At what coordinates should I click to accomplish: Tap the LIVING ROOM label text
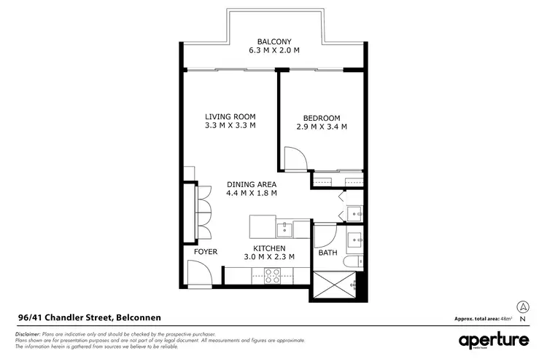pyautogui.click(x=230, y=116)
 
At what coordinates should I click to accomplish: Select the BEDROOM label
pyautogui.click(x=322, y=118)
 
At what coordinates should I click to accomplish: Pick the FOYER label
pyautogui.click(x=206, y=252)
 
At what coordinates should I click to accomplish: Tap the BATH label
pyautogui.click(x=327, y=253)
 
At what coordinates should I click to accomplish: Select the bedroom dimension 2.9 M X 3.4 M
pyautogui.click(x=322, y=127)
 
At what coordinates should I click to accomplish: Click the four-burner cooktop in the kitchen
pyautogui.click(x=272, y=275)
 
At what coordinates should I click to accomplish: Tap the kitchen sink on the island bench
pyautogui.click(x=284, y=229)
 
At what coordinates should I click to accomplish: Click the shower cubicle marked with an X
pyautogui.click(x=337, y=285)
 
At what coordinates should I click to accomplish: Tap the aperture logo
pyautogui.click(x=494, y=341)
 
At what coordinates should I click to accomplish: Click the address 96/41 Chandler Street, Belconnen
pyautogui.click(x=89, y=317)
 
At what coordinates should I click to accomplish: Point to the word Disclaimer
pyautogui.click(x=28, y=333)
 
